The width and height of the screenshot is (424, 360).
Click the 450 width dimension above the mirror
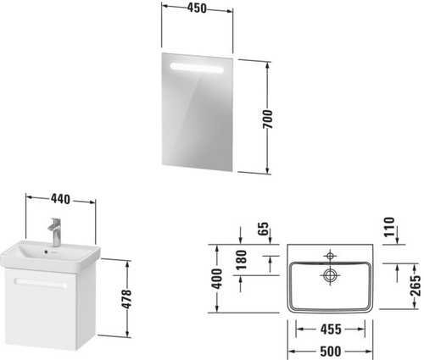click(197, 8)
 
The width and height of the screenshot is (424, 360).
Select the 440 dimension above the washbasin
click(60, 199)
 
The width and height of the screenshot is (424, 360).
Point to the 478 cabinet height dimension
click(127, 299)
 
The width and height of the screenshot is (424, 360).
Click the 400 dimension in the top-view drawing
click(217, 279)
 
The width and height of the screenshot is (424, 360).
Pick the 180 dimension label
click(242, 259)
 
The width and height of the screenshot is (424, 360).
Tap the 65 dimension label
click(263, 229)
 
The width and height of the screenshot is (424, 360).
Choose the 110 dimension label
click(389, 227)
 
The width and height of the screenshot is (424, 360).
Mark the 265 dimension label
click(416, 286)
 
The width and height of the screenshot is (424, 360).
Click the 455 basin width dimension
click(331, 329)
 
